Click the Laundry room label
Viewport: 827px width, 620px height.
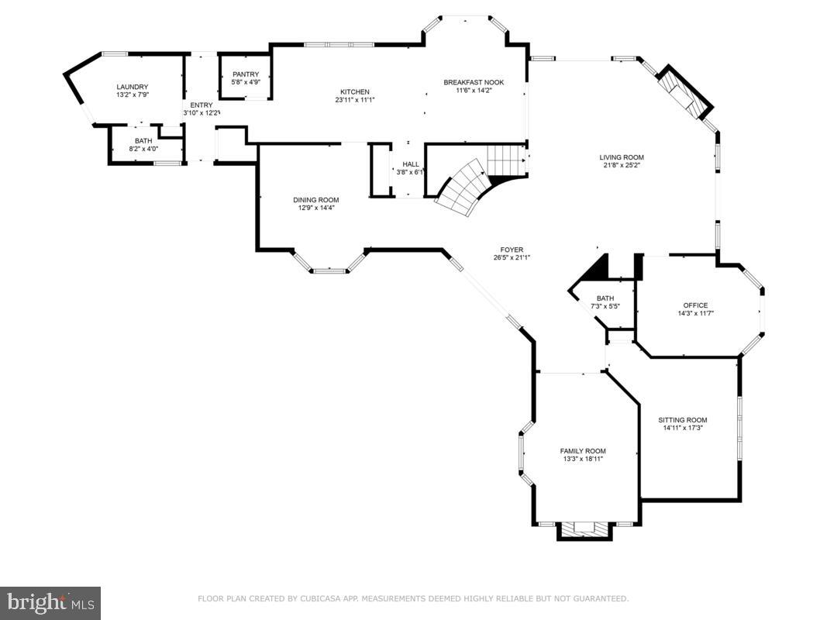click(132, 87)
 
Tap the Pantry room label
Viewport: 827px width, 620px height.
click(245, 74)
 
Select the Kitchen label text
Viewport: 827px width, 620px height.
click(355, 91)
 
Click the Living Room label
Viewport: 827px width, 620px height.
click(622, 157)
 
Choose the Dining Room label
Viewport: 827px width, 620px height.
click(315, 200)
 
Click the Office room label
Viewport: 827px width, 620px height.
click(695, 305)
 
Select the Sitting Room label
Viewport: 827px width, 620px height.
click(683, 420)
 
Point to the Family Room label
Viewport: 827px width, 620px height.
click(583, 451)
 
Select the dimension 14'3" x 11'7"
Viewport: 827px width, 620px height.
click(695, 313)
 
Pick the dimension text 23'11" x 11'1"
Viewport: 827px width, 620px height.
click(355, 100)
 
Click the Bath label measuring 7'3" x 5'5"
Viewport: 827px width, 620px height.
click(605, 298)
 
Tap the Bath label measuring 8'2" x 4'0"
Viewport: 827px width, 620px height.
click(143, 140)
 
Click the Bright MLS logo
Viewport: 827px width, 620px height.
click(50, 603)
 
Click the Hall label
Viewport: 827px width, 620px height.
click(410, 164)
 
